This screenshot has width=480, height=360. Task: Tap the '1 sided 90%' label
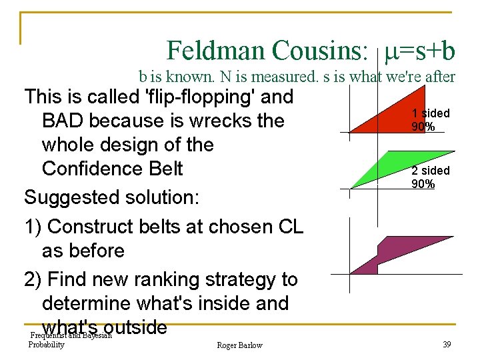(x=430, y=120)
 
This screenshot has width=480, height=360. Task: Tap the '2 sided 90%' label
(x=430, y=177)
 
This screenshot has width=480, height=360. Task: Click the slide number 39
(x=446, y=345)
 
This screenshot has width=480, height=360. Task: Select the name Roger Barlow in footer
(x=239, y=345)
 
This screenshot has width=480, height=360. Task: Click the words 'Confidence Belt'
(x=112, y=169)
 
